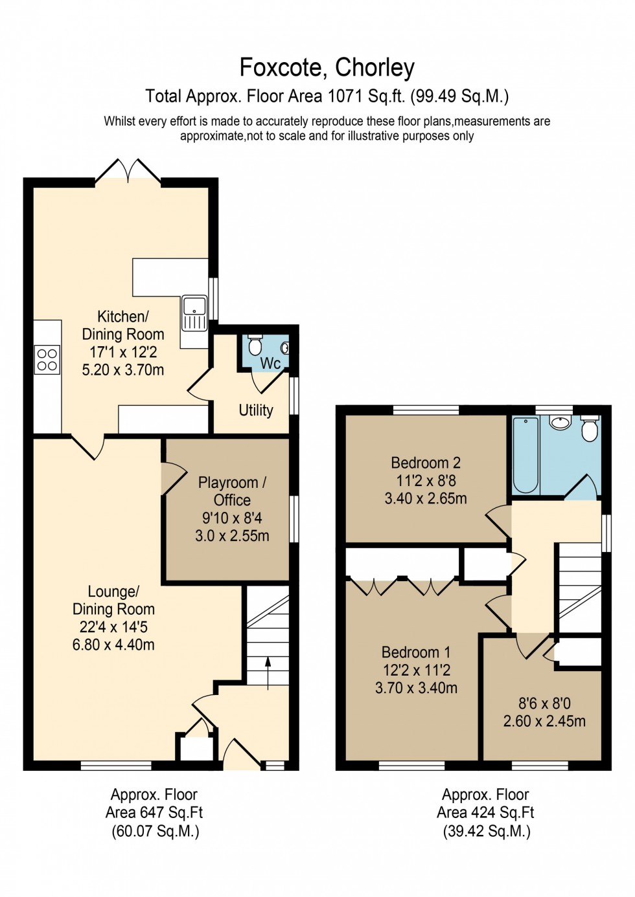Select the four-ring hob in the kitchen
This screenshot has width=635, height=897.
[x=47, y=360]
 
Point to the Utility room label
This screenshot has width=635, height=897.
[x=256, y=410]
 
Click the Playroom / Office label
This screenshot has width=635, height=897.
[x=232, y=491]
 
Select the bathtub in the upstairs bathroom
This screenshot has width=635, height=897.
[x=525, y=455]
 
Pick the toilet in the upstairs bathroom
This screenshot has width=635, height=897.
[x=590, y=428]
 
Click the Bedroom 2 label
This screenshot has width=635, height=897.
[x=426, y=463]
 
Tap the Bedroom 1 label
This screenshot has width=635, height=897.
[x=416, y=652]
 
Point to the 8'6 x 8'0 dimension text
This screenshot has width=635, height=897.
[x=544, y=703]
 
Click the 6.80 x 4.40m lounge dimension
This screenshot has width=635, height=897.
[x=113, y=645]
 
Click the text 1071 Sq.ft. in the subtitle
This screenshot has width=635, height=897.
[x=366, y=96]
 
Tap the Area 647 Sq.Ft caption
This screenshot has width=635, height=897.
[x=154, y=813]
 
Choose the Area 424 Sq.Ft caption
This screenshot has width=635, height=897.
[x=485, y=813]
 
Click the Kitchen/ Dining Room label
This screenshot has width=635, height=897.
[x=122, y=326]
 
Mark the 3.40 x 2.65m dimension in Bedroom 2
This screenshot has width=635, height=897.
[x=426, y=498]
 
